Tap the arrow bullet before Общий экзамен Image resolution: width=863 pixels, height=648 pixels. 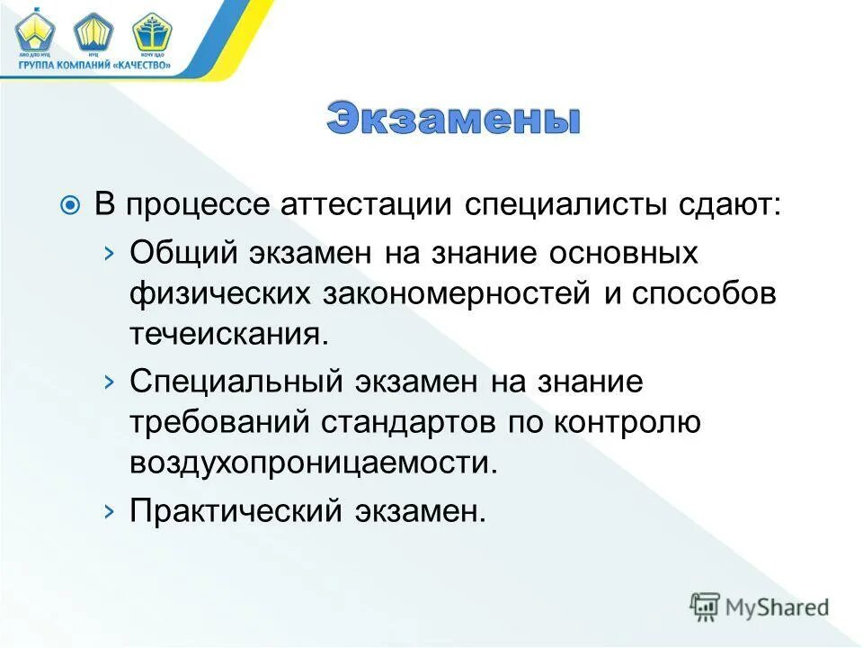(x=109, y=253)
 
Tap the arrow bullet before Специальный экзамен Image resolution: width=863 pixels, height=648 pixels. (x=109, y=382)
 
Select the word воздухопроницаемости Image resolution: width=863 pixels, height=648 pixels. (x=312, y=463)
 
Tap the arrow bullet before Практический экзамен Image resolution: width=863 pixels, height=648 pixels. (x=109, y=510)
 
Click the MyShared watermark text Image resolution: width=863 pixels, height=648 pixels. (x=776, y=607)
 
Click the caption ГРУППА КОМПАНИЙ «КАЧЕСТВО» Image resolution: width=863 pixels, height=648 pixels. (x=94, y=65)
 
